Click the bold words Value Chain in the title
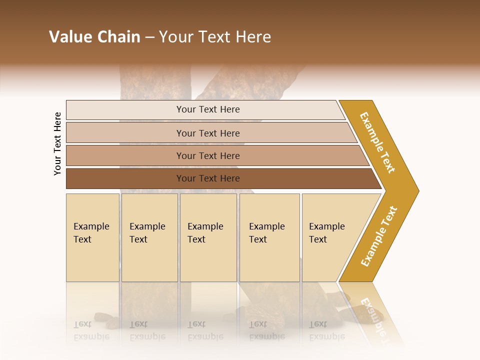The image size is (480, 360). [x=94, y=37]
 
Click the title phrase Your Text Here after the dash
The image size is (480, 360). [x=215, y=37]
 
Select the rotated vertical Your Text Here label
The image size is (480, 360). [x=57, y=143]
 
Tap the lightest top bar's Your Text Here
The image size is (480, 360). [x=208, y=109]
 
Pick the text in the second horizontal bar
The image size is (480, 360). [x=208, y=133]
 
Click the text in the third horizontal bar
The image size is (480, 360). [x=208, y=155]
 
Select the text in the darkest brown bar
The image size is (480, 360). [x=208, y=178]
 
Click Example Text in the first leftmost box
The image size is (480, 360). [x=91, y=232]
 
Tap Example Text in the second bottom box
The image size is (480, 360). [x=147, y=232]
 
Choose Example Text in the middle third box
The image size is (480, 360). [x=205, y=232]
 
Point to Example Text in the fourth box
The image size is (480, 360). [x=266, y=232]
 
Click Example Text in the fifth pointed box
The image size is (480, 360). [x=326, y=232]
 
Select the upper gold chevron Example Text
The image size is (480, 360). [x=377, y=142]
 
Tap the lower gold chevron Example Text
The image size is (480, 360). [x=378, y=236]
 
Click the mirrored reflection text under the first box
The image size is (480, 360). [x=91, y=330]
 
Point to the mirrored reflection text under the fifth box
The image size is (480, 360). [x=326, y=330]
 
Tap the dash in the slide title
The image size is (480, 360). [x=149, y=37]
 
